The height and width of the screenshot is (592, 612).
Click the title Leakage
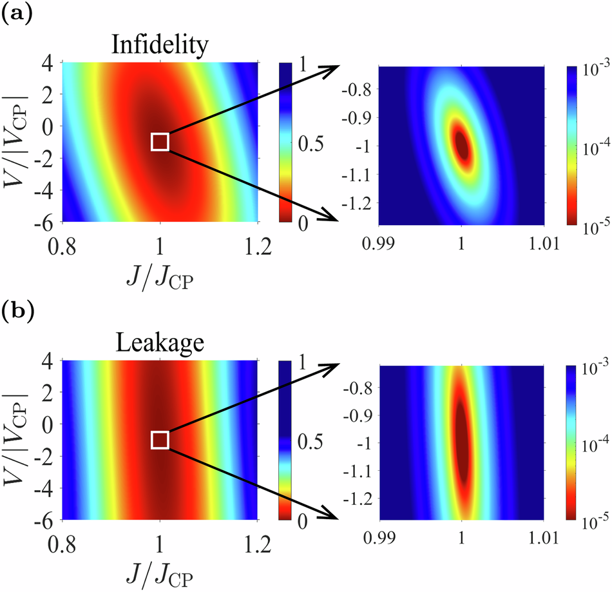click(159, 345)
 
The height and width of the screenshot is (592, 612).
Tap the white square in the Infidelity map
click(160, 141)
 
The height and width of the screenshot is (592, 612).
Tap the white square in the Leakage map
click(160, 440)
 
